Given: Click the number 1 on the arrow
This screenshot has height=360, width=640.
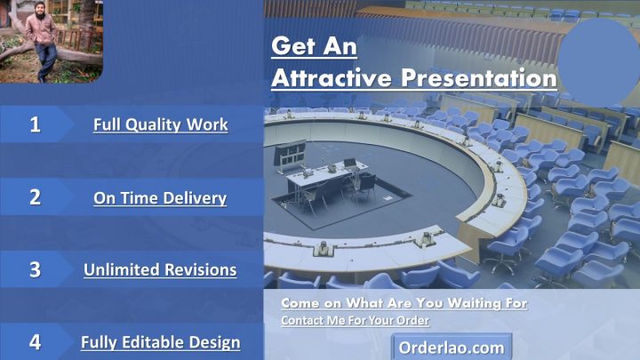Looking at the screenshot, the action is [x=35, y=124].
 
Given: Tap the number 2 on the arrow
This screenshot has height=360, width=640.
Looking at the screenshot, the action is [x=35, y=197].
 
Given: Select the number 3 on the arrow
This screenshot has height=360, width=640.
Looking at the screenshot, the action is [x=35, y=270].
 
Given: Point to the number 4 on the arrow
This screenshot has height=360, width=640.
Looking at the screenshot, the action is [x=35, y=342].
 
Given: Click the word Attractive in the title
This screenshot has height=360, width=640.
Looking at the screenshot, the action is [x=332, y=77].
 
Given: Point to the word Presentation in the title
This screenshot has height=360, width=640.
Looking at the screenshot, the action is [x=479, y=77].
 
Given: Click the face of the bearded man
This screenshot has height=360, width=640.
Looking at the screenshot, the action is [x=40, y=10].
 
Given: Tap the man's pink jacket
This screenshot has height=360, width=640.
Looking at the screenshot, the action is [x=40, y=29].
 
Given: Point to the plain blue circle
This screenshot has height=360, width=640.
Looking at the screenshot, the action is [x=598, y=61].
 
